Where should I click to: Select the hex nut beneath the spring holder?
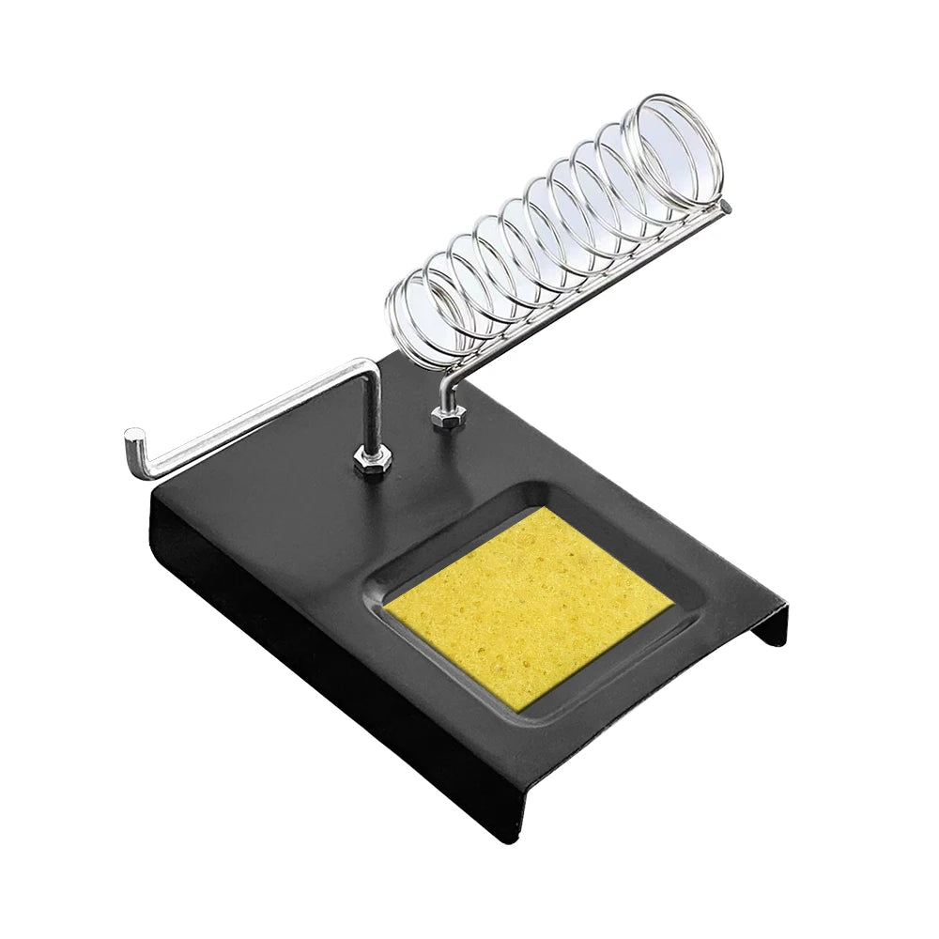tap(449, 416)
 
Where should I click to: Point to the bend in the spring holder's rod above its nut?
tap(445, 380)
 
